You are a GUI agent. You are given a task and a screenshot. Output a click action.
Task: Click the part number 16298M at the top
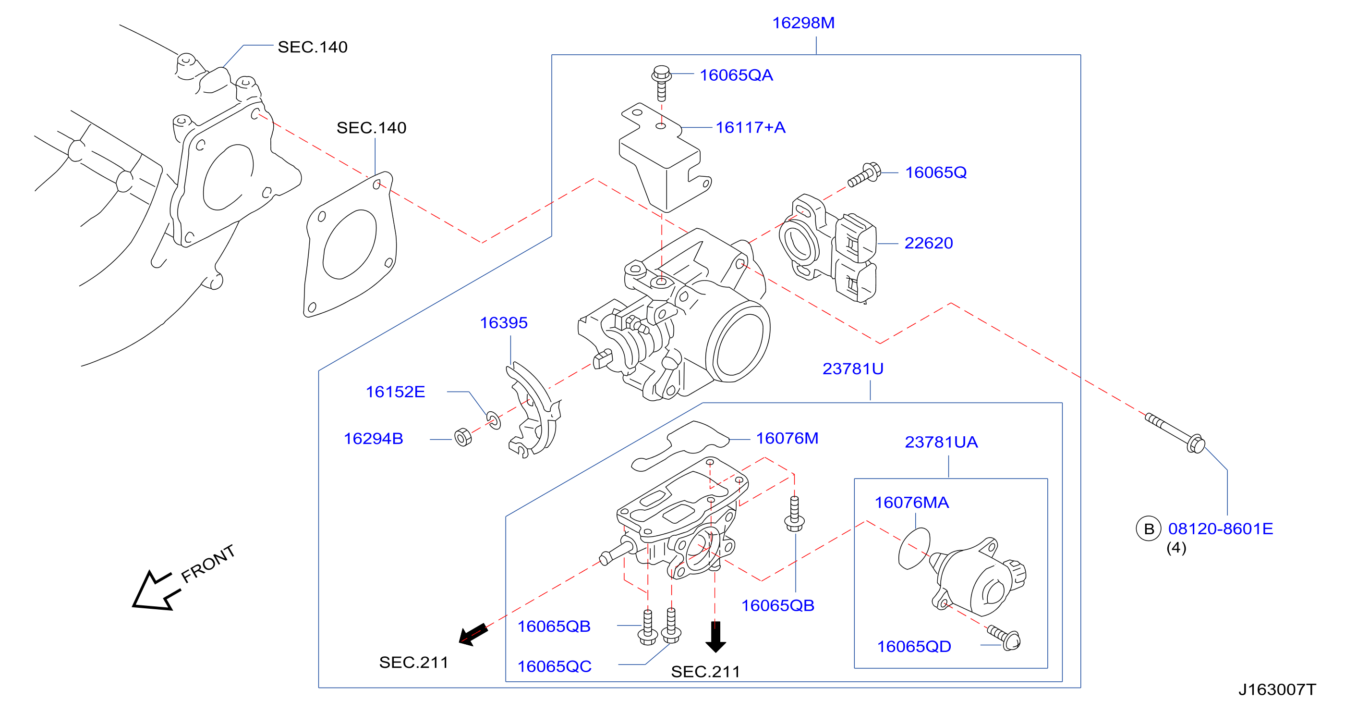pos(803,23)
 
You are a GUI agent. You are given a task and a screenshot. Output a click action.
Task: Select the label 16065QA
pos(736,75)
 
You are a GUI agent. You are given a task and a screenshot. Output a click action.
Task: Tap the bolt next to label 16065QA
pos(661,83)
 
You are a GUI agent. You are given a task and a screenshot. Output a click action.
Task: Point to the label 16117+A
pos(751,128)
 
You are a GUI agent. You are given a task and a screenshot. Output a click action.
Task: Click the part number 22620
pos(929,243)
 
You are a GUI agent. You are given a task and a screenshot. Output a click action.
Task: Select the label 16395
pos(503,323)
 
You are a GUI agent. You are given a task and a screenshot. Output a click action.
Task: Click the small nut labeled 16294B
pos(463,437)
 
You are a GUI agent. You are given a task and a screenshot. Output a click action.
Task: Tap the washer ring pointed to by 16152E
pos(493,419)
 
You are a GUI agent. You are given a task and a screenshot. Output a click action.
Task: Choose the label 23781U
pos(853,369)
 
